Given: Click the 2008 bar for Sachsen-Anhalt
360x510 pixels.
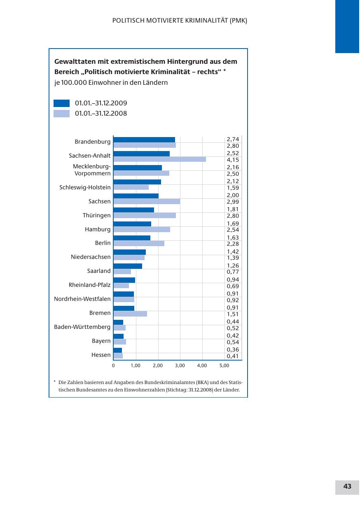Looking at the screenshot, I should [x=159, y=159].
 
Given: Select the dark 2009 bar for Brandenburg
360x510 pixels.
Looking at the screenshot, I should [x=144, y=140].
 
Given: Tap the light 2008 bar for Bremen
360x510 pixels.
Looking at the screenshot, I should [x=130, y=314].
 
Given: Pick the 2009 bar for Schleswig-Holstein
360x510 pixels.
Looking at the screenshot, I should [x=137, y=182].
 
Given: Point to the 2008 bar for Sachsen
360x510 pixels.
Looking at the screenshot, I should [x=146, y=201].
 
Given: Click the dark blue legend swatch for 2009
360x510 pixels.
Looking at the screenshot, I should [x=61, y=103].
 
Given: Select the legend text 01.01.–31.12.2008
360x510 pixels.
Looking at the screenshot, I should [x=101, y=114].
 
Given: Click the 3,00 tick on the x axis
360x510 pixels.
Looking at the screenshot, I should [x=180, y=365].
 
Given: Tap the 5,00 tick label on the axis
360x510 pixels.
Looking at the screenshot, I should [x=224, y=365].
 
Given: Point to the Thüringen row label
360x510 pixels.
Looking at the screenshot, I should [x=96, y=215].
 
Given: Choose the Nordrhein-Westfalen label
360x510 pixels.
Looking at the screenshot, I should [x=82, y=299].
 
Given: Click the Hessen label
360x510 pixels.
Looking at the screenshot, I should [x=101, y=355].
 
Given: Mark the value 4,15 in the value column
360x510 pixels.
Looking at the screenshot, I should [x=233, y=160].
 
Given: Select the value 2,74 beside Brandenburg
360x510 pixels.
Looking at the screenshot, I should [x=233, y=140].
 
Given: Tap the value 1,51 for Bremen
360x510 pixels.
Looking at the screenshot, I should [x=233, y=314].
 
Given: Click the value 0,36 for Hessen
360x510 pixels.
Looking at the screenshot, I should [x=233, y=349].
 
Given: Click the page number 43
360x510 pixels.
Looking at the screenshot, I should [x=347, y=487].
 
